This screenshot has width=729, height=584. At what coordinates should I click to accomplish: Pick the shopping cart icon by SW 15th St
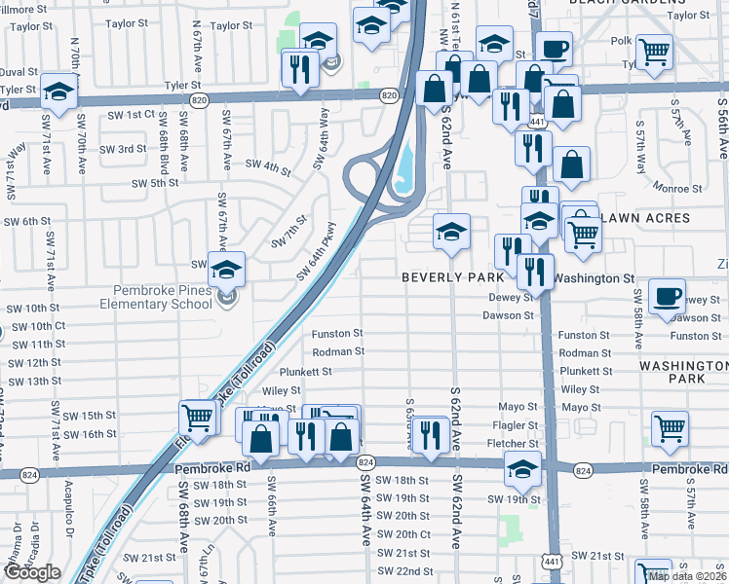pyautogui.click(x=198, y=418)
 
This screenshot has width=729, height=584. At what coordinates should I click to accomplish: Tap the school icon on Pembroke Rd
pyautogui.click(x=523, y=469)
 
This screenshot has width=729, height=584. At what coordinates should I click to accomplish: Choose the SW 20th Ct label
pyautogui.click(x=403, y=534)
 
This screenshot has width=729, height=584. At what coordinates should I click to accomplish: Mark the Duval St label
pyautogui.click(x=19, y=72)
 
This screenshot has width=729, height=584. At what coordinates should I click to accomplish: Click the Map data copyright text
pyautogui.click(x=687, y=576)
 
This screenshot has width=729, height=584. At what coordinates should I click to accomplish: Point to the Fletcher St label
pyautogui.click(x=512, y=444)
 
